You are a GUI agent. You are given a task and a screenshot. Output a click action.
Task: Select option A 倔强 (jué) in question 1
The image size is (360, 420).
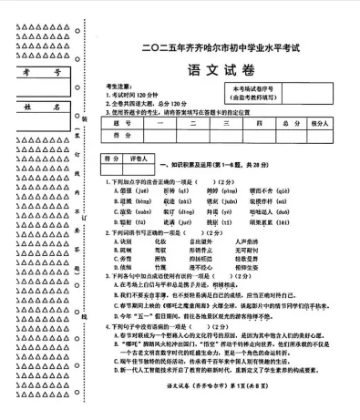[x=124, y=191]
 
